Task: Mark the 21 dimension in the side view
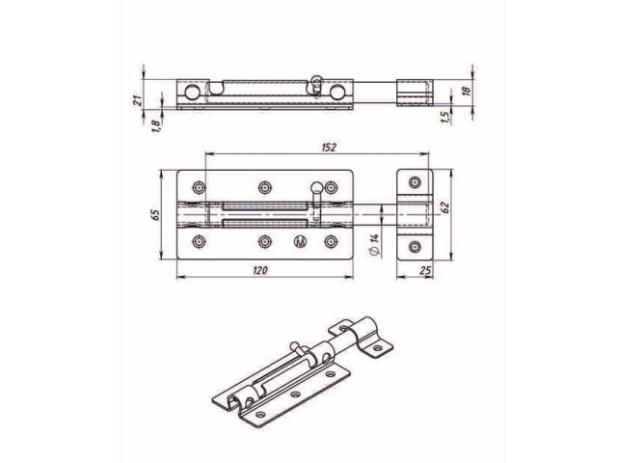(138, 96)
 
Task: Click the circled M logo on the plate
(299, 241)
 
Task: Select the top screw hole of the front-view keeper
(416, 181)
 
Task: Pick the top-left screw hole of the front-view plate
(200, 186)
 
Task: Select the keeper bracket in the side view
(416, 92)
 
